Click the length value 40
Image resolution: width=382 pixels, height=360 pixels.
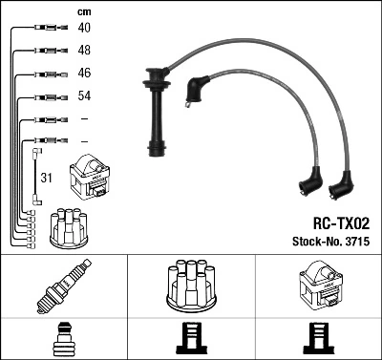(84, 28)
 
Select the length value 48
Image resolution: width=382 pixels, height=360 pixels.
(84, 50)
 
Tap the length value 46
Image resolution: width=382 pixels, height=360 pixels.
(84, 73)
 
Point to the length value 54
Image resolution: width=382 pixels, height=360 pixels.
(84, 95)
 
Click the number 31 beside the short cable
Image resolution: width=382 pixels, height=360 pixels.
(45, 178)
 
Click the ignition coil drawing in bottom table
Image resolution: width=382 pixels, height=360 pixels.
(318, 286)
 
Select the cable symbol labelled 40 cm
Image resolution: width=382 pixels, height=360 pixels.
(46, 28)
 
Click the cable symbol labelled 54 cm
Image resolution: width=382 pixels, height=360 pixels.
(46, 95)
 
